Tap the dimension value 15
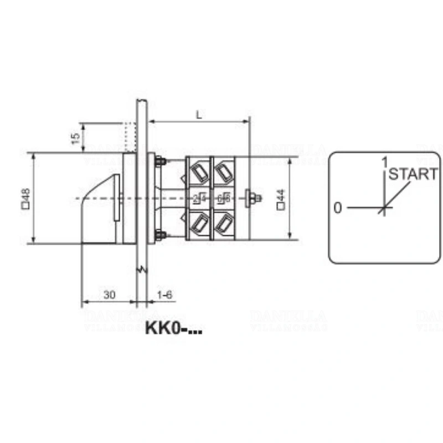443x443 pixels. [x=76, y=137]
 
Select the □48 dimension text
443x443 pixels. [x=25, y=198]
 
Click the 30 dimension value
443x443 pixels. [x=109, y=295]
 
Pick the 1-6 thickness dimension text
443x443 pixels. [x=165, y=295]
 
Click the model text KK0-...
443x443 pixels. [x=173, y=328]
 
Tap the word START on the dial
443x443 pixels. [x=413, y=174]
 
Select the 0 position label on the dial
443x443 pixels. [x=337, y=208]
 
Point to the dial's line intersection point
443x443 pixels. [x=384, y=208]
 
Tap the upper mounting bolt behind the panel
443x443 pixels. [x=161, y=162]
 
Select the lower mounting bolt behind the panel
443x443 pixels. [x=161, y=235]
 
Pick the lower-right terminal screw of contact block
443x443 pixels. [x=225, y=223]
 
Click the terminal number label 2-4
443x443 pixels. [x=200, y=198]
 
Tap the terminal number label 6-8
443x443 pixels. [x=224, y=198]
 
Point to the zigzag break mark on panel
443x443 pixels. [x=142, y=270]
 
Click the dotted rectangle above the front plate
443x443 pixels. [x=130, y=137]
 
